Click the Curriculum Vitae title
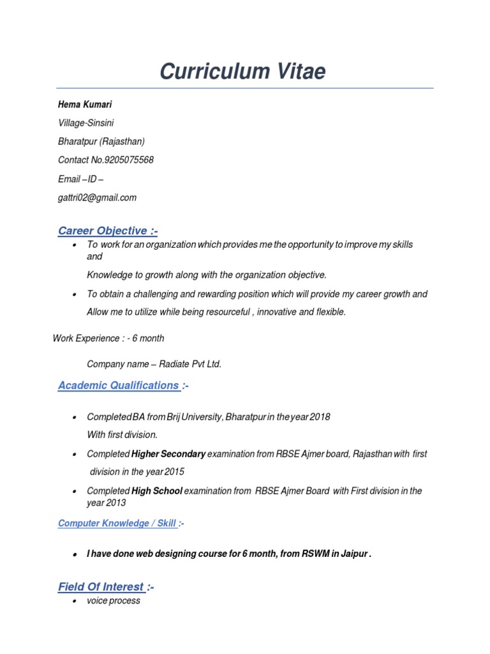[x=242, y=72]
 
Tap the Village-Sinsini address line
[x=86, y=123]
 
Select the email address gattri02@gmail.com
[x=97, y=197]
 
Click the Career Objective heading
[x=107, y=231]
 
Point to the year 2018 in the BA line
[x=319, y=417]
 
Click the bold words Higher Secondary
[x=168, y=454]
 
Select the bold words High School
[x=157, y=491]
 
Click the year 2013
[x=115, y=503]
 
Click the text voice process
[x=114, y=601]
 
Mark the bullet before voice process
[x=76, y=602]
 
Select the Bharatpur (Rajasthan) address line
[x=101, y=141]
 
